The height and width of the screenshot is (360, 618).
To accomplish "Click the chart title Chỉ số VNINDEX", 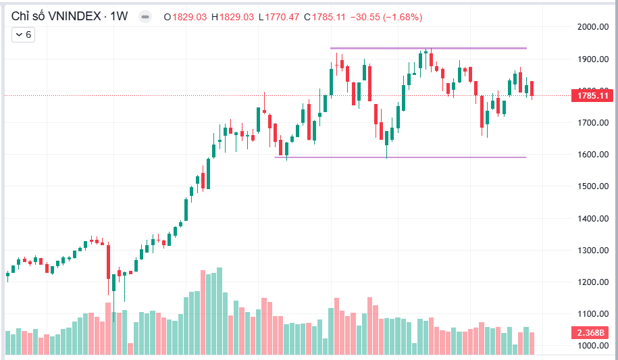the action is pyautogui.click(x=56, y=16).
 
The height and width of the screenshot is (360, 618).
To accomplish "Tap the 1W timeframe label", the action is pyautogui.click(x=119, y=17).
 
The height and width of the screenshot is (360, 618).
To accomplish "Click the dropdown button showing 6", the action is pyautogui.click(x=23, y=34).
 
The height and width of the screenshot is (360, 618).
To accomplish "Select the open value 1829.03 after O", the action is pyautogui.click(x=189, y=17).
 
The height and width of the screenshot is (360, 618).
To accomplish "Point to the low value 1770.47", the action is pyautogui.click(x=282, y=17).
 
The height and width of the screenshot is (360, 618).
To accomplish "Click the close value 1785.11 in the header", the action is pyautogui.click(x=329, y=17).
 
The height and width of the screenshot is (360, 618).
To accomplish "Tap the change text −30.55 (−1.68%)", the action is pyautogui.click(x=386, y=17).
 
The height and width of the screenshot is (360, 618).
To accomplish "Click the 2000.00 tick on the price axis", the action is pyautogui.click(x=593, y=27).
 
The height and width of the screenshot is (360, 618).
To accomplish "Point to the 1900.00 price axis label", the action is pyautogui.click(x=593, y=59).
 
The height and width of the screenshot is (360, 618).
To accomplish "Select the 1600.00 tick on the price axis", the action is pyautogui.click(x=593, y=155).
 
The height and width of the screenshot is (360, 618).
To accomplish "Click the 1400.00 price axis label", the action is pyautogui.click(x=593, y=218).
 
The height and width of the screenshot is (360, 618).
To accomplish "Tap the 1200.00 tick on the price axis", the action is pyautogui.click(x=593, y=282).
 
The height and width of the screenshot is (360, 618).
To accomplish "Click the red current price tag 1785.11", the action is pyautogui.click(x=592, y=96).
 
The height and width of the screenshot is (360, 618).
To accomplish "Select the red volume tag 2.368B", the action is pyautogui.click(x=590, y=333).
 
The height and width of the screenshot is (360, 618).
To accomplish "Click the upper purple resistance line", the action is pyautogui.click(x=428, y=48).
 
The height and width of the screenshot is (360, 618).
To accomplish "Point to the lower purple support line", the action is pyautogui.click(x=401, y=157).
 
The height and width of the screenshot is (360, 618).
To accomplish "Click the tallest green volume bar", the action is pyautogui.click(x=220, y=311).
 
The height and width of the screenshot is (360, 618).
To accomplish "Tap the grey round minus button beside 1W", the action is pyautogui.click(x=145, y=17).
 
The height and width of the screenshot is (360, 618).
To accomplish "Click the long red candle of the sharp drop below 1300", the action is pyautogui.click(x=108, y=262).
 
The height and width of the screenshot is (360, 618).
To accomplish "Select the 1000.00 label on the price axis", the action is pyautogui.click(x=593, y=346).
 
